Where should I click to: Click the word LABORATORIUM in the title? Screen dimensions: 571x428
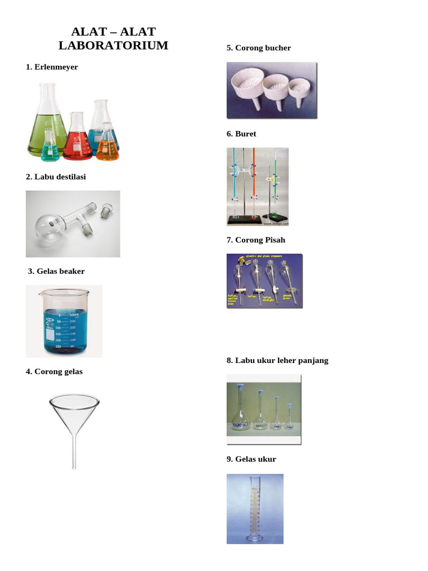[113, 45]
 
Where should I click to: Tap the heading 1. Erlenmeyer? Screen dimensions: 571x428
[52, 67]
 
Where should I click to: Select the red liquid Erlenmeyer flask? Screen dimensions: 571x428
[77, 142]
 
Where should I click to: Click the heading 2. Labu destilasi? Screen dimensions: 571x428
[56, 177]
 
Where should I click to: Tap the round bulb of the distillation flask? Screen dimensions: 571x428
[51, 224]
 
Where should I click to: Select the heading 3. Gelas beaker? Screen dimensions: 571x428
[56, 272]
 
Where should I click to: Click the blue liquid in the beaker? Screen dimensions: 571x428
[64, 332]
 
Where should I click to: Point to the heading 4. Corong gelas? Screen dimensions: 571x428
[54, 371]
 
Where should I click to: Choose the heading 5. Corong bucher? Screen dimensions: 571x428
[259, 48]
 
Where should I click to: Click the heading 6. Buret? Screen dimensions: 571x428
[241, 134]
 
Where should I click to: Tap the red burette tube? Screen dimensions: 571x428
[254, 178]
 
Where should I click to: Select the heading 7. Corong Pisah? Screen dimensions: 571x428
[256, 240]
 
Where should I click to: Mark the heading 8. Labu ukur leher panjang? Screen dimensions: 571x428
[278, 360]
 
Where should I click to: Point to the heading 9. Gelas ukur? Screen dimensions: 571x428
[251, 459]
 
